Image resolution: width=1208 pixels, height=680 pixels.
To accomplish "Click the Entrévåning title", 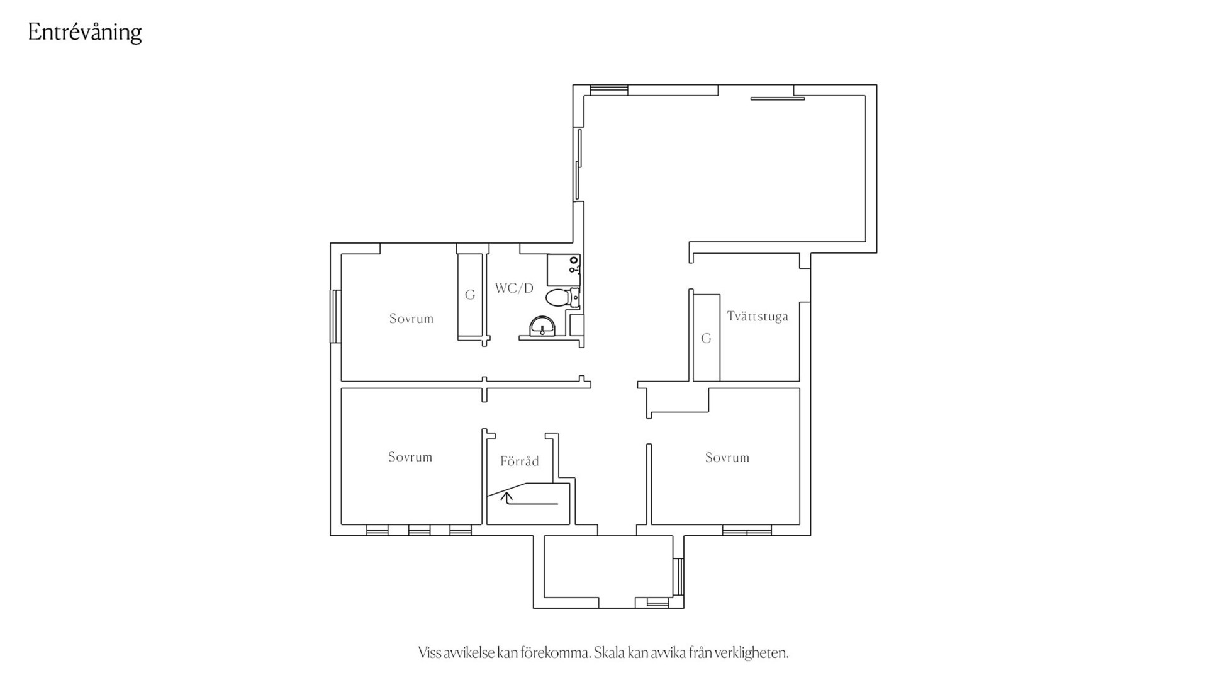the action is point(85,32).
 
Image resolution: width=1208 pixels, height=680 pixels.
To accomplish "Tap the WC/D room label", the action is point(514,288).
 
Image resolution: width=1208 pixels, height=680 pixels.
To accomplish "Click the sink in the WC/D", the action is point(542,326).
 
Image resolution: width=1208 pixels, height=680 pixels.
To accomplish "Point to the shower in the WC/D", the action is point(563,269).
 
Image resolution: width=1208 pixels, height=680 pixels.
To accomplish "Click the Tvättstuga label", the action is point(758,316).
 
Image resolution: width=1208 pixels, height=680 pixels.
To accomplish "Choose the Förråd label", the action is point(520,461).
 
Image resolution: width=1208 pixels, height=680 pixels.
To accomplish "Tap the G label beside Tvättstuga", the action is point(706,339).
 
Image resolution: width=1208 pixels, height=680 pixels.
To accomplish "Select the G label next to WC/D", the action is point(470,295).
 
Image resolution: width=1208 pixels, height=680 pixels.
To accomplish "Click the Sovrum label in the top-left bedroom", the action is point(411,319).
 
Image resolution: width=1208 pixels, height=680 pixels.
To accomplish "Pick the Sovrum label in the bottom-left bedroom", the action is point(410,457).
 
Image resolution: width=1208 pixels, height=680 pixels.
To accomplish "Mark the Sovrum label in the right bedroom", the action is point(727,458).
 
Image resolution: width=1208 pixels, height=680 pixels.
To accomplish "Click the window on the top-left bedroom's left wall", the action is point(336,316).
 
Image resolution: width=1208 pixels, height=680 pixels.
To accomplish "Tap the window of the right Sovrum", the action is point(747,530).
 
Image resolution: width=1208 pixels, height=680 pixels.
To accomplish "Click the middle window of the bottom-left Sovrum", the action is point(419,530).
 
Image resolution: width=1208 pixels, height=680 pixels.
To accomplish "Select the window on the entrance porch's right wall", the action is point(678,576).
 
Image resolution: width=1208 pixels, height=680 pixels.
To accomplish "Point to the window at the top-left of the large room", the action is point(609,90).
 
